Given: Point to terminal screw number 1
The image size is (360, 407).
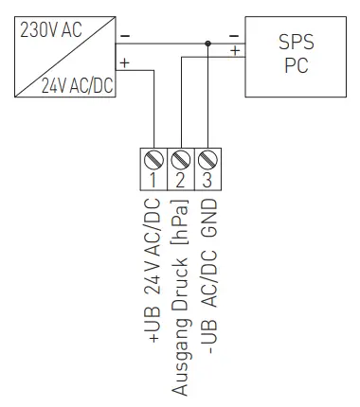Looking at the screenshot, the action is coord(154,157).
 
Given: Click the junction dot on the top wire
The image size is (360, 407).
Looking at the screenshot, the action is coord(207,43).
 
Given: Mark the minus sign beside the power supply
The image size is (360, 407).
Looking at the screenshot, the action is coord(125,37).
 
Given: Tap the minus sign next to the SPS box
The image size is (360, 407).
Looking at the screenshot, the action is coord(234,37).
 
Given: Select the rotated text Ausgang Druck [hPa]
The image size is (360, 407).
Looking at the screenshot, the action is coord(181,297).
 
